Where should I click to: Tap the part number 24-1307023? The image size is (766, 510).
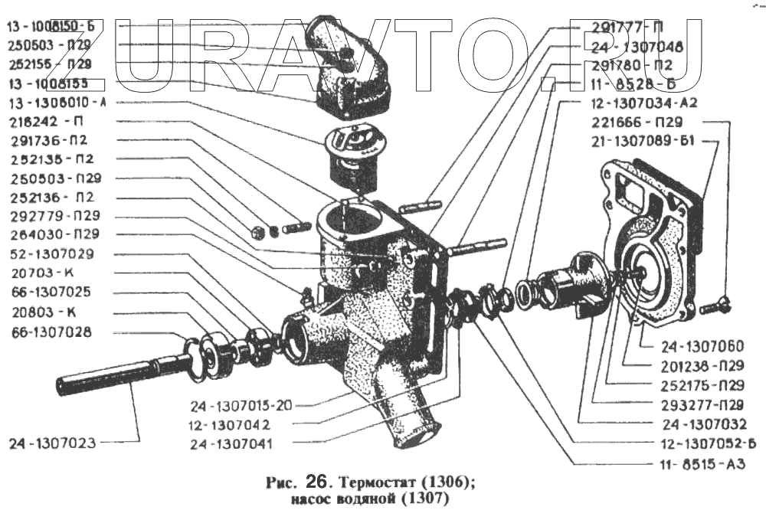point(53,442)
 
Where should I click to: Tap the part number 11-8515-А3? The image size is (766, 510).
point(696,463)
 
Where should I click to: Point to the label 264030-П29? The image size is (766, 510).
point(54,234)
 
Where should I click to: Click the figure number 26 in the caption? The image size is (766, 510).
point(316,483)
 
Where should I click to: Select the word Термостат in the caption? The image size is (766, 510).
point(376,484)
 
